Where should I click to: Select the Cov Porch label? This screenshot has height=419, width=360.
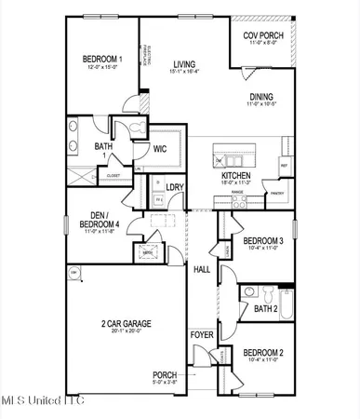pyautogui.click(x=262, y=35)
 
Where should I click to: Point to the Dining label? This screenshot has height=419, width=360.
pyautogui.click(x=261, y=97)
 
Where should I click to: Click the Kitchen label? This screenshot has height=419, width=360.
pyautogui.click(x=236, y=175)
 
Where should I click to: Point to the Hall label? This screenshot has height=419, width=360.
pyautogui.click(x=201, y=270)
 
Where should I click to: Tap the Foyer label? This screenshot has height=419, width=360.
pyautogui.click(x=201, y=333)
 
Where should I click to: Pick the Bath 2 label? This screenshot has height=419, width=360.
pyautogui.click(x=266, y=308)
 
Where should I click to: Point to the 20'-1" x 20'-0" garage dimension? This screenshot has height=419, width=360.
pyautogui.click(x=127, y=333)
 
